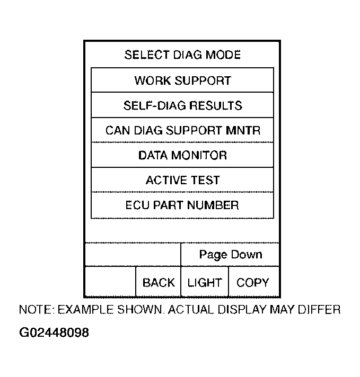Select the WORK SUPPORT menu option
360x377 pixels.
click(x=182, y=80)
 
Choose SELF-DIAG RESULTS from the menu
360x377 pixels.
click(x=182, y=105)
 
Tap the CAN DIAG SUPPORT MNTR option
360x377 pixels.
click(x=182, y=130)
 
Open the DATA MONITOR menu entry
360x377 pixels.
click(x=182, y=155)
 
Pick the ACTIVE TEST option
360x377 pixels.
click(x=182, y=180)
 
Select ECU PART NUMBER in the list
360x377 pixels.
click(x=182, y=205)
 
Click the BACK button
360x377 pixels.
click(x=159, y=283)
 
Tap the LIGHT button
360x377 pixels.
click(x=205, y=283)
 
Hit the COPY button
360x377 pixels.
click(x=253, y=283)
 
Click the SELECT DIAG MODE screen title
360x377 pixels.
click(x=182, y=55)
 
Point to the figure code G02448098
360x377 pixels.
click(x=54, y=333)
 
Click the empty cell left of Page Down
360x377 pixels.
click(x=133, y=255)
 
